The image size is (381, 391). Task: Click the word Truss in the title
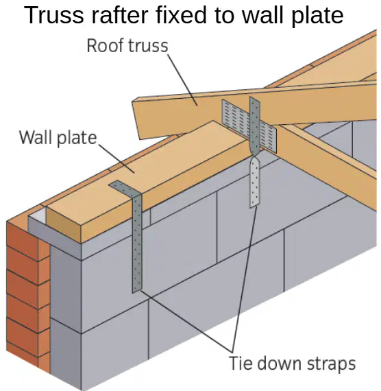coord(54,16)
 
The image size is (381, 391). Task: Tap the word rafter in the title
coord(121,16)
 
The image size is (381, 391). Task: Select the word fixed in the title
coord(182,16)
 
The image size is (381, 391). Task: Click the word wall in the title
coord(264,16)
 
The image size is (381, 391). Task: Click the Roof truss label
coord(127,46)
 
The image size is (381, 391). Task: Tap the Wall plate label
coord(58,138)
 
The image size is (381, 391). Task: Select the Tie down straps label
coord(292,364)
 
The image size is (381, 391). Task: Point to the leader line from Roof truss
coord(183,80)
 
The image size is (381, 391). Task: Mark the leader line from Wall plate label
coord(116,158)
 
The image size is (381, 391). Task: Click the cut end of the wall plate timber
coord(64,225)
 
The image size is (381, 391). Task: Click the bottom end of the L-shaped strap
coord(137,291)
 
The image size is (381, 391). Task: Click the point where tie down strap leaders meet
coord(232,352)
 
